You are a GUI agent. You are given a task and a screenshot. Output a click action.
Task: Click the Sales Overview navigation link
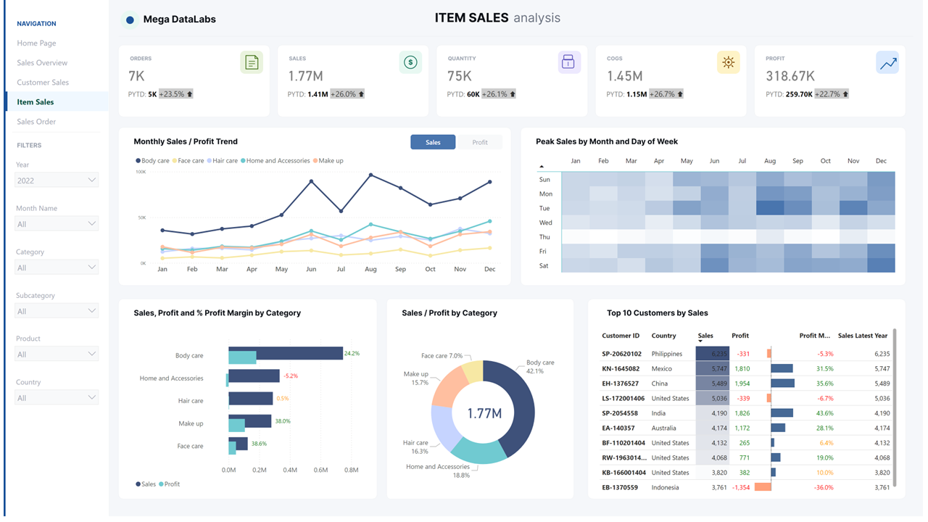(42, 63)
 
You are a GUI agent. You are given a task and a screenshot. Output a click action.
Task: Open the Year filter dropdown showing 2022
(57, 180)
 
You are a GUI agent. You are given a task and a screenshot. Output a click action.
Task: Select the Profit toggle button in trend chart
(479, 142)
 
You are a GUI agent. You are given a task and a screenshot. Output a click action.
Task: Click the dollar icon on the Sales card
(410, 62)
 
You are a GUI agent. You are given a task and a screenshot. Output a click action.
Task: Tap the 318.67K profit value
(790, 76)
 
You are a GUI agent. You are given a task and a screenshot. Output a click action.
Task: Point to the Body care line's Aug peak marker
(370, 175)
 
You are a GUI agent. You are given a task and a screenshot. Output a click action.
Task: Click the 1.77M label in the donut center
(484, 413)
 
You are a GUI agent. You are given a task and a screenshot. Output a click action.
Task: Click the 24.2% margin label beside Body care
(352, 354)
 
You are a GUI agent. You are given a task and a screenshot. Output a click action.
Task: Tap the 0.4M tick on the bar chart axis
(290, 470)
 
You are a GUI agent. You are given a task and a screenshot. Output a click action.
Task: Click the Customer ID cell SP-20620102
(621, 354)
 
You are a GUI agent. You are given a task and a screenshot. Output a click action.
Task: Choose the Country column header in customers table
(663, 336)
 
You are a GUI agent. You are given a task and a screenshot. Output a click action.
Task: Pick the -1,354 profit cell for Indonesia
(740, 487)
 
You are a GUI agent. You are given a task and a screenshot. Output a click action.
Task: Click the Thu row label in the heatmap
(545, 237)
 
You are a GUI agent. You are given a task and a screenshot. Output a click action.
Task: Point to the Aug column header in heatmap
(769, 161)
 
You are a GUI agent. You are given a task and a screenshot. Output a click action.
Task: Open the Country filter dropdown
(57, 397)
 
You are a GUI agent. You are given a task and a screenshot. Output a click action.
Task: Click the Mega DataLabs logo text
(179, 20)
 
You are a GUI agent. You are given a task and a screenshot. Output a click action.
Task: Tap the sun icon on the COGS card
(728, 62)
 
